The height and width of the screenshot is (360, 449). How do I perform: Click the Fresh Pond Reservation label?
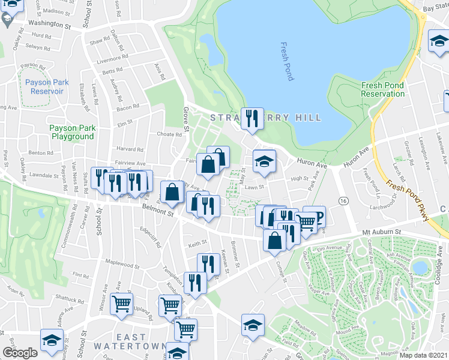tap(383, 90)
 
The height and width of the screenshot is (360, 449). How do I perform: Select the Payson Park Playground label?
tap(71, 132)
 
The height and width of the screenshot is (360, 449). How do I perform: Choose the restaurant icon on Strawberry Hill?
tap(252, 118)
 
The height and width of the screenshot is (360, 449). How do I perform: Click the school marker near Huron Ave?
tap(264, 161)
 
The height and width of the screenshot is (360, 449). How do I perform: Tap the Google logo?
tap(20, 353)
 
